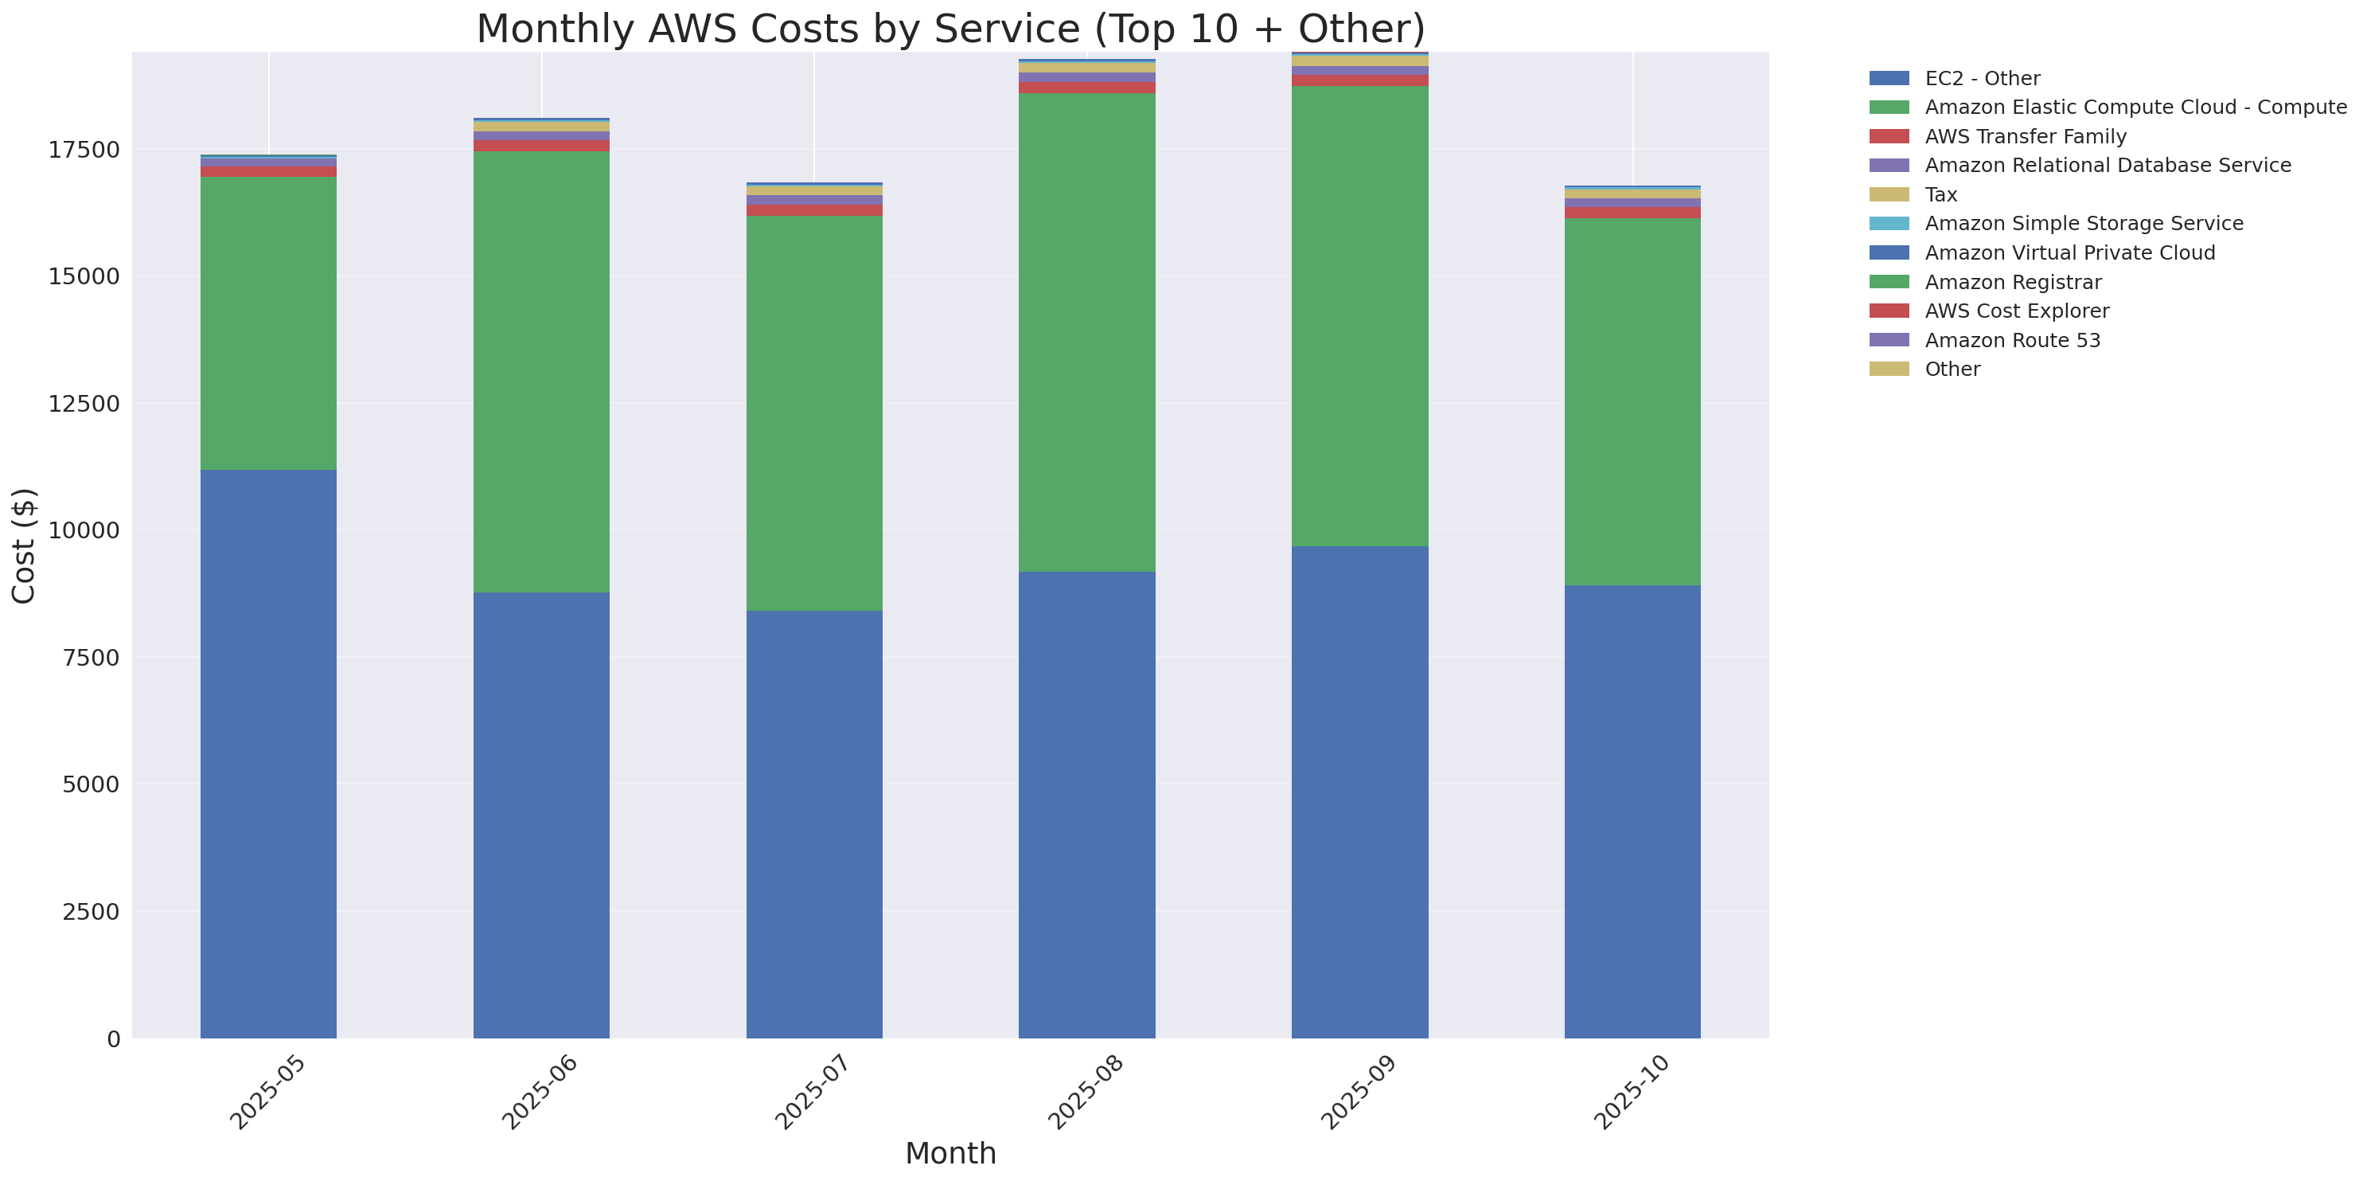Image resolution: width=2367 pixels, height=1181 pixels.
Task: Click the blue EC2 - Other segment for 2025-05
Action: point(268,753)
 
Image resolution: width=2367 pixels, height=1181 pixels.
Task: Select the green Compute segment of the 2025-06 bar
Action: point(541,372)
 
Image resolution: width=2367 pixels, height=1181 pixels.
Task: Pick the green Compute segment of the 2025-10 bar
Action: point(1632,401)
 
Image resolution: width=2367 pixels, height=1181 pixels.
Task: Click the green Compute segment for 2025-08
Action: point(1087,333)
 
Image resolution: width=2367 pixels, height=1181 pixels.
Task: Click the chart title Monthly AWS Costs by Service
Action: point(950,29)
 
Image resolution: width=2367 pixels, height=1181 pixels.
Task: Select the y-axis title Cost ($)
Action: point(24,546)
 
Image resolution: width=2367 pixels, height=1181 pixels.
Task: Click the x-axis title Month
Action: point(950,1152)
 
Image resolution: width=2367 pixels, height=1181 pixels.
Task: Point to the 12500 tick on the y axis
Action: point(84,404)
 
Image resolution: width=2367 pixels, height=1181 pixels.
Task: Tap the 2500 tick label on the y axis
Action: point(90,912)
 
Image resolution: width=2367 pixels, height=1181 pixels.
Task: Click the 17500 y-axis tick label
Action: point(84,150)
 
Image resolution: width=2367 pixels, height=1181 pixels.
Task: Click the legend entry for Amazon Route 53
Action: point(2012,340)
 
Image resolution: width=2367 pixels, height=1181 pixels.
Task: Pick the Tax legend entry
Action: point(1940,195)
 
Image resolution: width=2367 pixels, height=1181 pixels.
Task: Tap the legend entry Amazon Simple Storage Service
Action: point(2083,223)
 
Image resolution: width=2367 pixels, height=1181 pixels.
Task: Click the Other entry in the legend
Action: point(1952,370)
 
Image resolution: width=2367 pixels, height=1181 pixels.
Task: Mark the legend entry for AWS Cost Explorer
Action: point(2016,311)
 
